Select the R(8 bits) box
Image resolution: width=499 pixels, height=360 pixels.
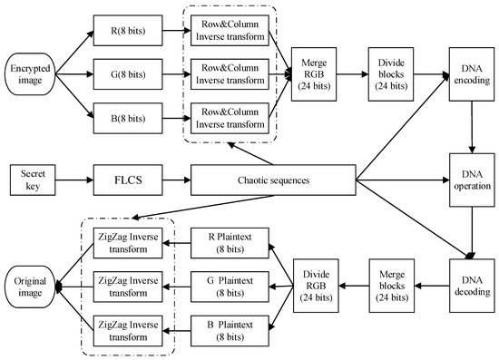(x=123, y=30)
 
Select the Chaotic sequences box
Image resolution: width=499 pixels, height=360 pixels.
(x=273, y=180)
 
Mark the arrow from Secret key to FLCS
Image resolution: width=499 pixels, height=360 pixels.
(x=73, y=180)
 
